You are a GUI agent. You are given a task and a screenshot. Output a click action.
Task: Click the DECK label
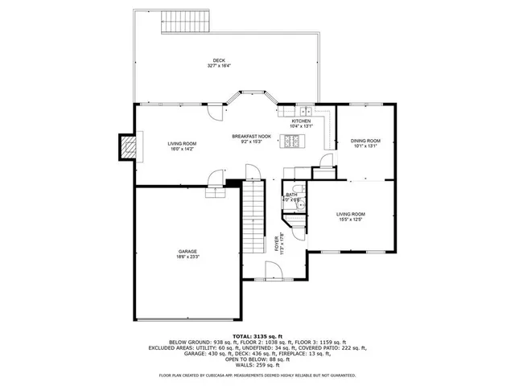point(219,60)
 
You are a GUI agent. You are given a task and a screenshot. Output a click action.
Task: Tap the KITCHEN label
point(290,121)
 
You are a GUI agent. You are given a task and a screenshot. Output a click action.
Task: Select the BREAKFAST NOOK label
point(252,137)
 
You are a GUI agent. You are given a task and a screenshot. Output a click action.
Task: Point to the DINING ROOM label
point(365,141)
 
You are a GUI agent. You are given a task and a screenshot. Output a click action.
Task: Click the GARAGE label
point(187,252)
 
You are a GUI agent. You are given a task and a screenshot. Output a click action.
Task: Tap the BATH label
point(292,195)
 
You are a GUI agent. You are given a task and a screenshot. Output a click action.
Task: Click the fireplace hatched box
point(127,146)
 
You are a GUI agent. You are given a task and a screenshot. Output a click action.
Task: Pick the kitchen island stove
point(293,143)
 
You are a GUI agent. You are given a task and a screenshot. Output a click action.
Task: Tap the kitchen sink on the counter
point(307,111)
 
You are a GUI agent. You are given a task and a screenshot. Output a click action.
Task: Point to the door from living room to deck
point(212,113)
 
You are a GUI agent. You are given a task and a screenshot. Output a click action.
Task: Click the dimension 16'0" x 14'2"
point(182,149)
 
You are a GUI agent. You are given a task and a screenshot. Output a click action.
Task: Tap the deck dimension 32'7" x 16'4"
point(219,66)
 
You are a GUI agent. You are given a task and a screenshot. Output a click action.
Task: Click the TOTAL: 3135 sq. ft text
point(257,335)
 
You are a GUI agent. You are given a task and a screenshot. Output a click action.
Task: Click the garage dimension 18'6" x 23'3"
point(187,257)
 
